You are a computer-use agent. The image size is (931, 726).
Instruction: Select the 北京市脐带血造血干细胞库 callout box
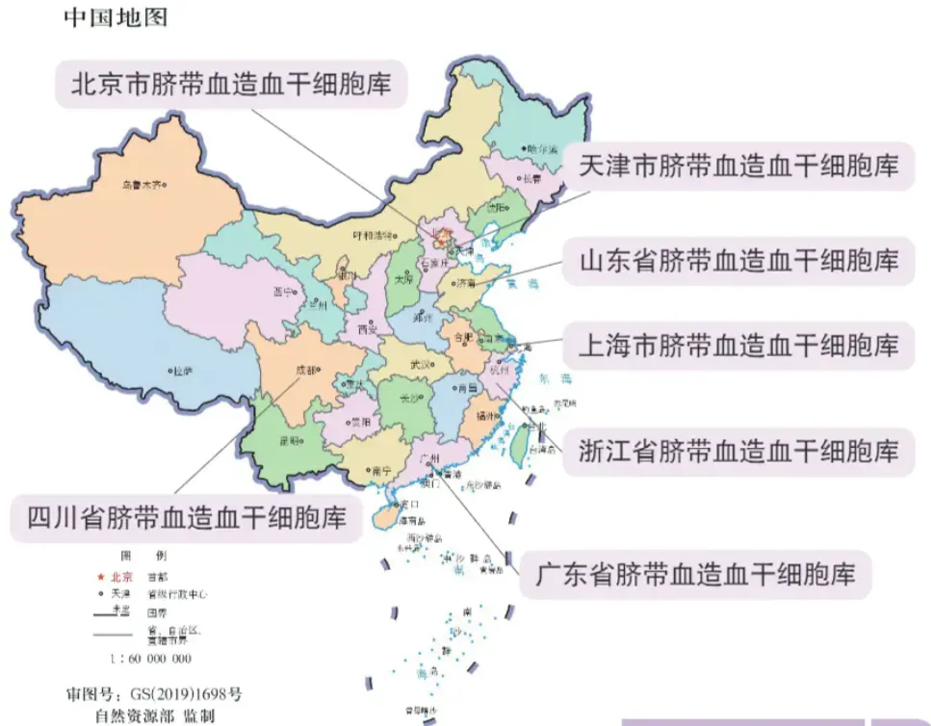[x=231, y=83]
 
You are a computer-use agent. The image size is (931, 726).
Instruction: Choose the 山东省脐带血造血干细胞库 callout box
[x=738, y=260]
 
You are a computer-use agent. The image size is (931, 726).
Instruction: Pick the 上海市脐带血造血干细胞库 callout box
[x=738, y=345]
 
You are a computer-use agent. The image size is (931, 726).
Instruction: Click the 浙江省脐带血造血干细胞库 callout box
[x=738, y=450]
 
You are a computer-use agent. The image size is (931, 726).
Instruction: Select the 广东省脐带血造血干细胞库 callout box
[x=695, y=575]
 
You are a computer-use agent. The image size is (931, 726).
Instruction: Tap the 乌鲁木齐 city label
[x=142, y=185]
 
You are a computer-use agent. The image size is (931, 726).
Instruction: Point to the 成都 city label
[x=307, y=369]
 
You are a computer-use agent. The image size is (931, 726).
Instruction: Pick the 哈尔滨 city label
[x=541, y=149]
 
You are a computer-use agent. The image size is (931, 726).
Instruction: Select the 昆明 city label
[x=288, y=441]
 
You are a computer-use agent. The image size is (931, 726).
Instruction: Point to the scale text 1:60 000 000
[x=151, y=659]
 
